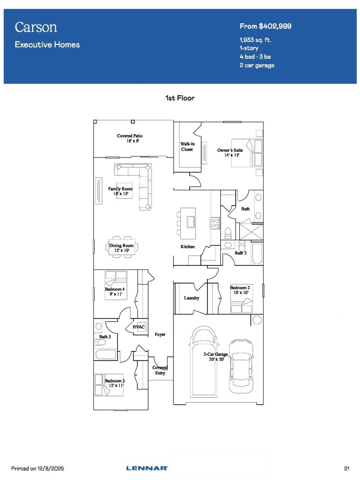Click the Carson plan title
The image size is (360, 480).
(x=36, y=27)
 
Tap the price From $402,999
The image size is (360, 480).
(x=265, y=27)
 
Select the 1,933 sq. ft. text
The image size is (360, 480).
(x=255, y=40)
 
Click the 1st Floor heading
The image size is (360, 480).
(x=180, y=98)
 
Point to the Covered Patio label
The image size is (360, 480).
(x=130, y=138)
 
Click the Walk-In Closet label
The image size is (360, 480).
(x=188, y=146)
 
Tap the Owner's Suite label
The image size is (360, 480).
(x=230, y=153)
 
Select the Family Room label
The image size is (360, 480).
(x=120, y=191)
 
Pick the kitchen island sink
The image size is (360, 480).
(x=191, y=222)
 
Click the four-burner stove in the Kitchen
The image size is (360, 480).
(x=214, y=223)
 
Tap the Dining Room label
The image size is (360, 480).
(x=122, y=248)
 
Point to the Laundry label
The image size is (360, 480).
(x=191, y=298)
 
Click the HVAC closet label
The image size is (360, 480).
(x=139, y=327)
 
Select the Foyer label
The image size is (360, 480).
(x=160, y=334)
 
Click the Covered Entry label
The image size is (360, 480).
(x=160, y=370)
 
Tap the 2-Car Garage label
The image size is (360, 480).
(x=216, y=357)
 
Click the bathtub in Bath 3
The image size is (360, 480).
(x=106, y=355)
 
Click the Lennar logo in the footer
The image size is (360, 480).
(x=147, y=468)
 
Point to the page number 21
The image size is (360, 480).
(x=347, y=468)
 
